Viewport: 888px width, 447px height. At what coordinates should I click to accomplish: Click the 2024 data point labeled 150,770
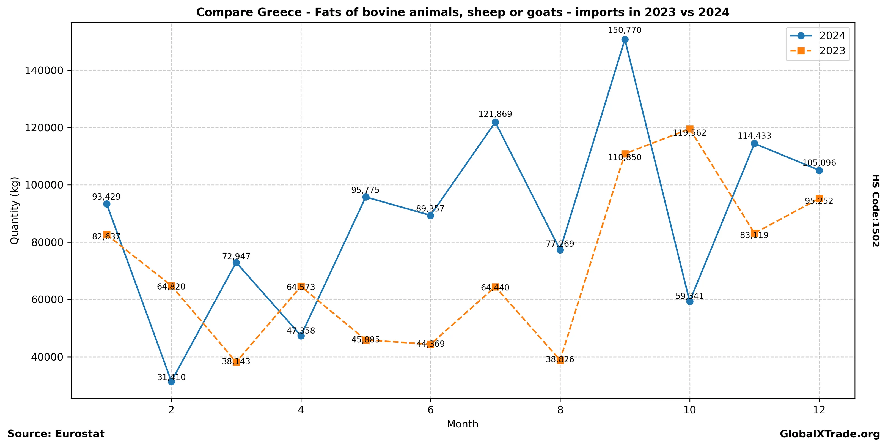[625, 40]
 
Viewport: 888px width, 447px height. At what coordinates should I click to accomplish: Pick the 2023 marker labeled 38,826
[560, 360]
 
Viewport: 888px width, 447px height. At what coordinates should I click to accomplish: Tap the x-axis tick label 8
[560, 410]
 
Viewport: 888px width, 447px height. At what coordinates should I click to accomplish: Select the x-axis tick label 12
[819, 410]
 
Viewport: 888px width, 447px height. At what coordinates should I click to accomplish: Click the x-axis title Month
[462, 424]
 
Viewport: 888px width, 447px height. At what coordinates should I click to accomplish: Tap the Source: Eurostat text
[56, 434]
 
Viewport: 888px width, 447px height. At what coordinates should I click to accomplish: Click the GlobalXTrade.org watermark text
[830, 434]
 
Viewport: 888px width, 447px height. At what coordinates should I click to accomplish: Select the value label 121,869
[495, 114]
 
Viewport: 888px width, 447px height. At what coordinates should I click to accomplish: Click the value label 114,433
[754, 136]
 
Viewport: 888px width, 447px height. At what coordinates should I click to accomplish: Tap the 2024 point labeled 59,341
[689, 301]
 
